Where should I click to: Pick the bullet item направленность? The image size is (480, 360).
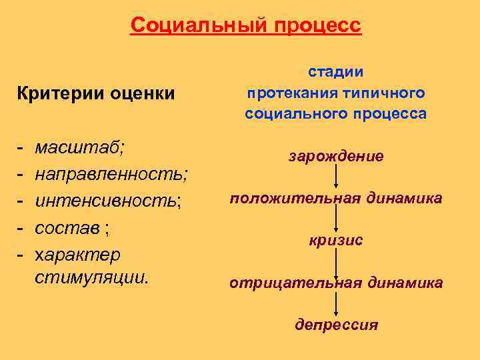click(111, 174)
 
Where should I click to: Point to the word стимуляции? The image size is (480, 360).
click(90, 276)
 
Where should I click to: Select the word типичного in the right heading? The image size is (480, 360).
click(389, 93)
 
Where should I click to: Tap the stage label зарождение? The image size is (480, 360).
click(336, 157)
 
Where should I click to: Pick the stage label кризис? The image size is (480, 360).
click(336, 240)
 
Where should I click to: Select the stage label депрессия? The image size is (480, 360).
click(336, 325)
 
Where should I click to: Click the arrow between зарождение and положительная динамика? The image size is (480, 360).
click(336, 177)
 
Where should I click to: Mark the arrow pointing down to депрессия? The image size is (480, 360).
click(336, 303)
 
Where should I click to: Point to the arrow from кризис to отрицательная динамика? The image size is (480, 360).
click(336, 261)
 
